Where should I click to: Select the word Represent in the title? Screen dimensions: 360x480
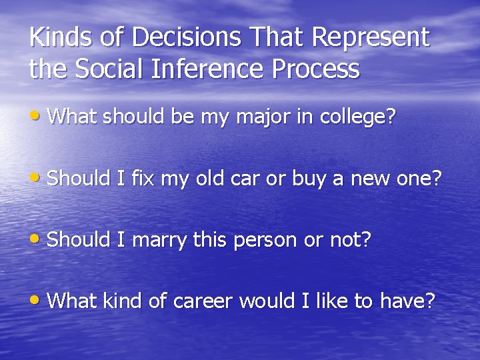click(373, 39)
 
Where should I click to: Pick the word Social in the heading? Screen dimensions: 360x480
click(113, 69)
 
